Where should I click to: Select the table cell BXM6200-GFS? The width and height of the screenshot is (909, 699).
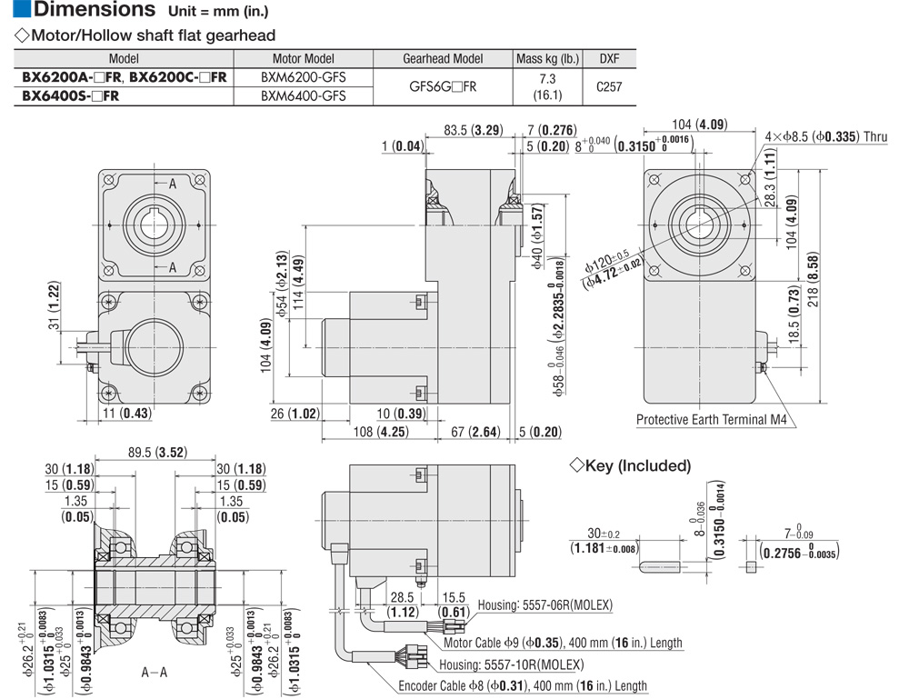point(304,77)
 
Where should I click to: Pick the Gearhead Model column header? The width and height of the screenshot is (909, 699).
point(443,58)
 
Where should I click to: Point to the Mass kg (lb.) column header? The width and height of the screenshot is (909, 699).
point(547,58)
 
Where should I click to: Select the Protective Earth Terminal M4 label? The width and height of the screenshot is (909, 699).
point(711,420)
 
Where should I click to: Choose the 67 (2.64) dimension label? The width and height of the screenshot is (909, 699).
point(474,432)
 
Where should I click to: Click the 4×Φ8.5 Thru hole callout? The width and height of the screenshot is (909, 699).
point(826,137)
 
